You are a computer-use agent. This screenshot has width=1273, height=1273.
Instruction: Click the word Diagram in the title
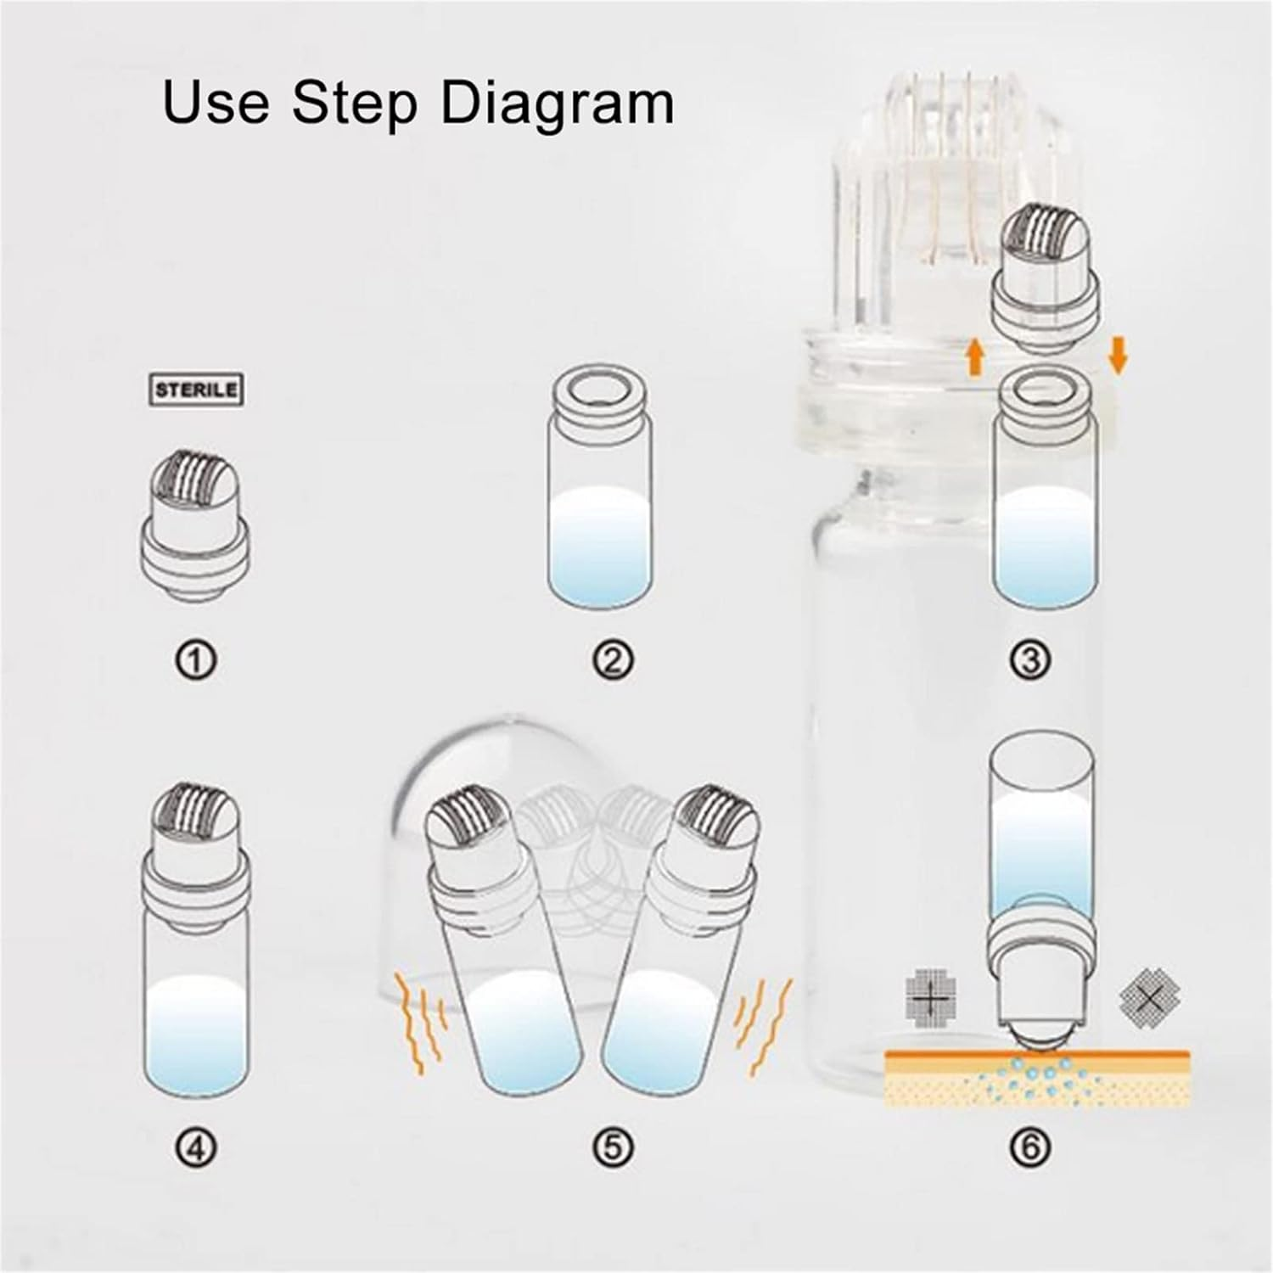(557, 102)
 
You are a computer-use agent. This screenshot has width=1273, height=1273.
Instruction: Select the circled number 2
(613, 660)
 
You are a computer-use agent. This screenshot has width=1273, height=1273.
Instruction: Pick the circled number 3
(1031, 660)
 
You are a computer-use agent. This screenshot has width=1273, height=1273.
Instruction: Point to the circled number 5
(613, 1148)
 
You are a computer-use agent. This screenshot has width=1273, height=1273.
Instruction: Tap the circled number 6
(1031, 1148)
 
